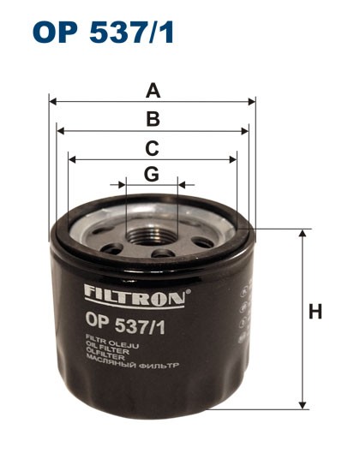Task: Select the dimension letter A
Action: [x=153, y=89]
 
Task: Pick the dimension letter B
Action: [x=153, y=119]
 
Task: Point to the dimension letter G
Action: [x=152, y=174]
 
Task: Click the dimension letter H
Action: [x=316, y=313]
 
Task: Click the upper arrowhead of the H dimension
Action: [x=302, y=233]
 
